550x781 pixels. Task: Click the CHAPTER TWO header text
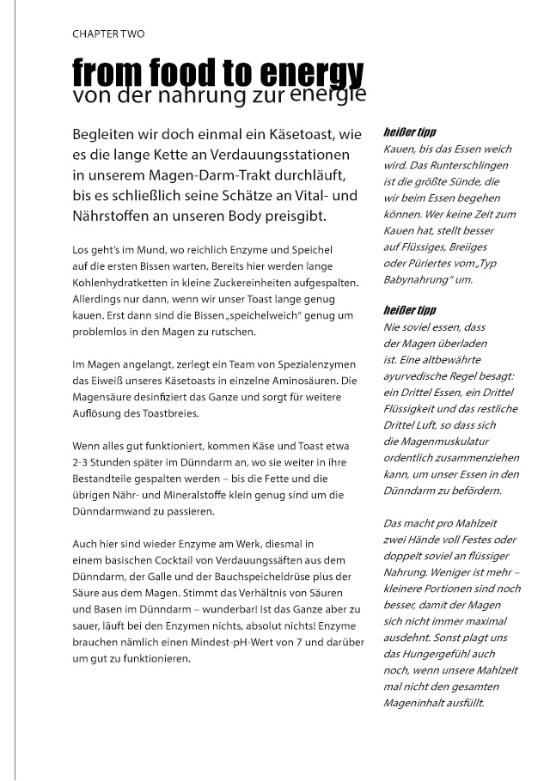point(108,34)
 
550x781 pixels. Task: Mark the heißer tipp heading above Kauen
point(409,134)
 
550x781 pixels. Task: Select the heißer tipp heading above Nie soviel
point(409,310)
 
